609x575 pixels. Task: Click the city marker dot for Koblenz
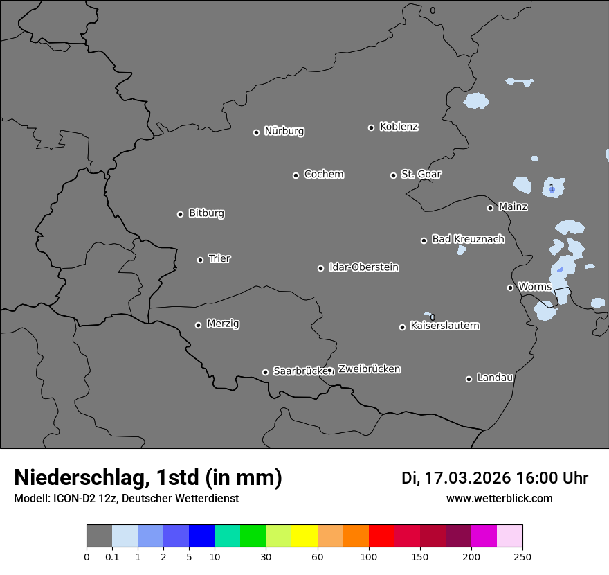(371, 127)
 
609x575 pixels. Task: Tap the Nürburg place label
(284, 131)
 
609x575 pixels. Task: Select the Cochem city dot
(296, 175)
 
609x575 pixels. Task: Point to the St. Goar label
(421, 174)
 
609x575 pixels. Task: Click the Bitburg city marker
(180, 214)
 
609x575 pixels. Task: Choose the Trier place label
(219, 258)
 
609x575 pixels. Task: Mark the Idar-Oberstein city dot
(320, 268)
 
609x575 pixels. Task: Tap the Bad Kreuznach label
(468, 239)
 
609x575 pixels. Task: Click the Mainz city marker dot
(490, 208)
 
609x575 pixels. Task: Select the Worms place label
(535, 286)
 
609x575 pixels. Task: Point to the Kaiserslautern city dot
(402, 327)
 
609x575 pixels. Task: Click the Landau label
(495, 378)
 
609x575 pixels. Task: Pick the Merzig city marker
(198, 325)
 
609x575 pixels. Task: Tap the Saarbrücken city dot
(265, 372)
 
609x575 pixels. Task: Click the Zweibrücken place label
(369, 369)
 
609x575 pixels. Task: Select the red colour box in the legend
(381, 536)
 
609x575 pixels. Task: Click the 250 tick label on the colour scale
(522, 556)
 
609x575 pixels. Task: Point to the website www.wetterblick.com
(500, 498)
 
